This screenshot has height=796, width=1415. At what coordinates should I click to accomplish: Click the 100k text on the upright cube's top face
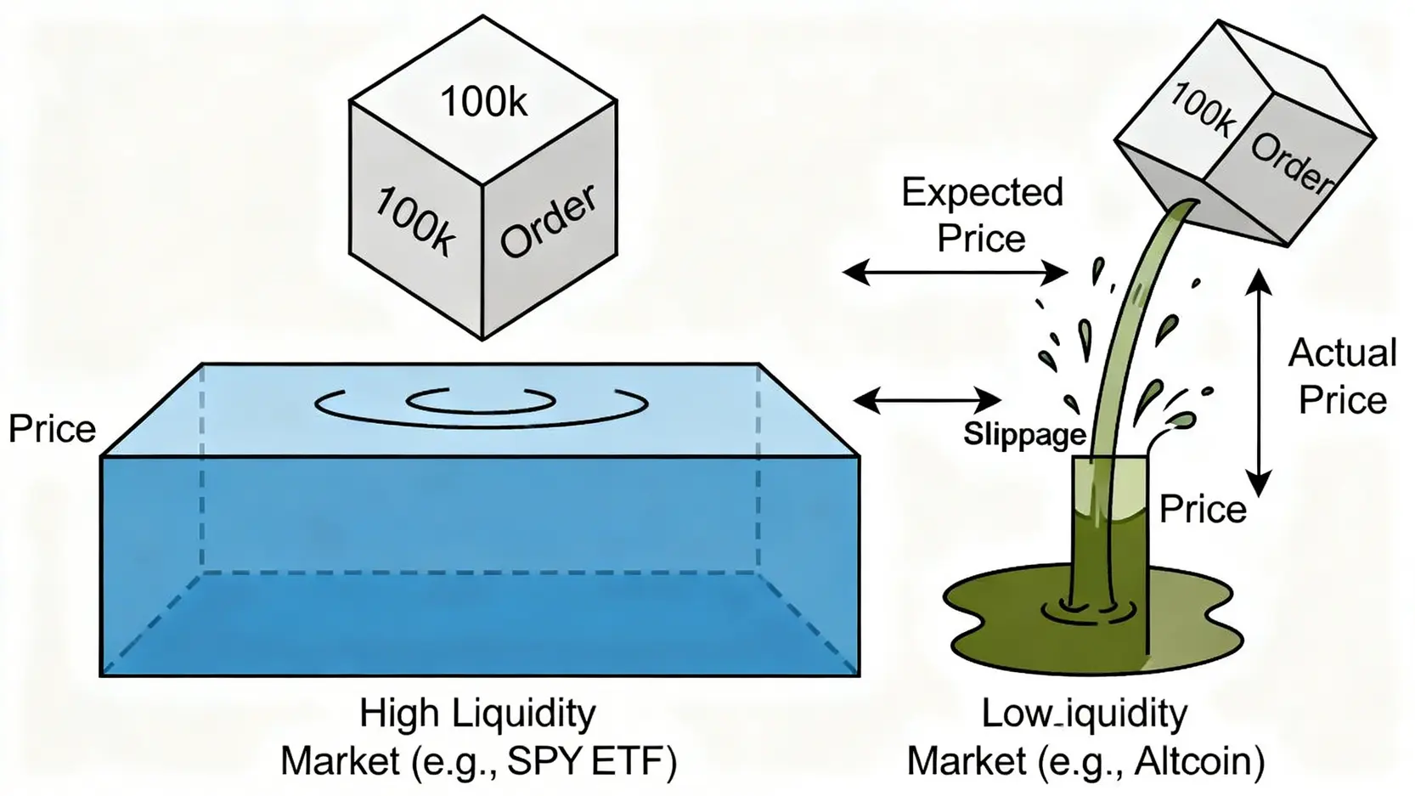click(x=483, y=102)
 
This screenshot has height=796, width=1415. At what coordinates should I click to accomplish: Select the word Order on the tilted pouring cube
click(x=1292, y=162)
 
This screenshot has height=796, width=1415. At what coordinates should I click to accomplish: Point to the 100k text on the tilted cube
click(x=1201, y=110)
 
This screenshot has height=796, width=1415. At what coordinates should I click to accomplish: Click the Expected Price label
click(x=982, y=215)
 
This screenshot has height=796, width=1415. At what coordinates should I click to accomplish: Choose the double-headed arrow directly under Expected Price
click(x=955, y=273)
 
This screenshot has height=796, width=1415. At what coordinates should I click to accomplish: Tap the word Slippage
click(x=1024, y=434)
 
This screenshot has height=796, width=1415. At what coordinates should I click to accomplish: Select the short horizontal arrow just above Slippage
click(x=927, y=398)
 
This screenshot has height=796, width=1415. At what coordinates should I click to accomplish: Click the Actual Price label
click(x=1342, y=375)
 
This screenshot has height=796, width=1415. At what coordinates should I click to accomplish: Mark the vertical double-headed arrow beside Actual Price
click(x=1259, y=382)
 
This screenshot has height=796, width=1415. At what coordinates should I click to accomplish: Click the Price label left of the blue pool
click(x=52, y=429)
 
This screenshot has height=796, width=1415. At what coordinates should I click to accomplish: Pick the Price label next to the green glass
click(x=1203, y=509)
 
